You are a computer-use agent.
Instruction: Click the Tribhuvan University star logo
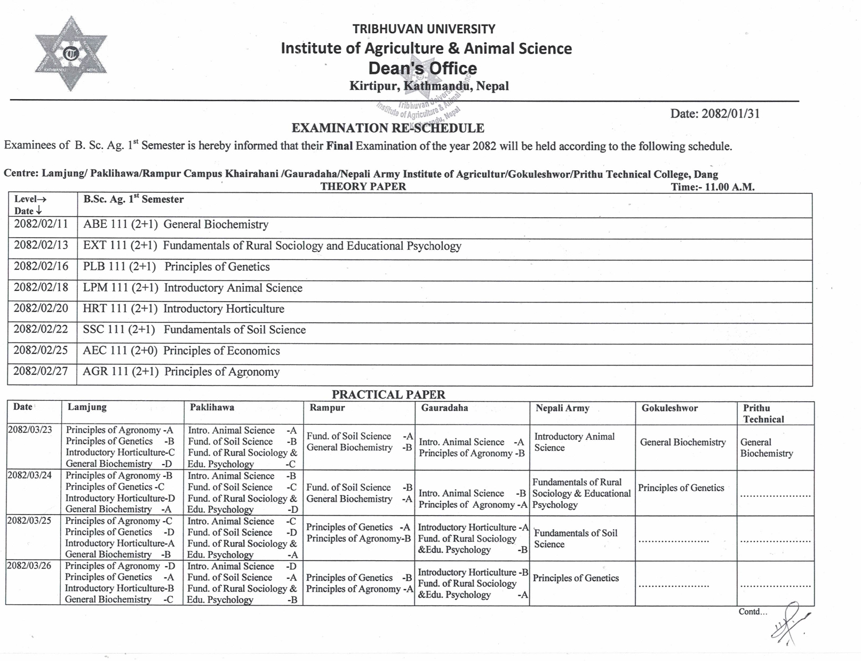(x=70, y=54)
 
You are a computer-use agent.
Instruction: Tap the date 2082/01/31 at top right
(x=715, y=114)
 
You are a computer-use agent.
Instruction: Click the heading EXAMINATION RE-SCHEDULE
(x=388, y=128)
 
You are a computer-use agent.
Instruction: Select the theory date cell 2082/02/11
(x=41, y=224)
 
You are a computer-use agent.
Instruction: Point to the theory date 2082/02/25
(x=41, y=351)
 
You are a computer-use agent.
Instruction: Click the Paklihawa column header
(x=212, y=408)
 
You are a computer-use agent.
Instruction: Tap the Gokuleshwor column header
(x=669, y=409)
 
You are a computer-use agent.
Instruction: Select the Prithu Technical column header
(x=763, y=413)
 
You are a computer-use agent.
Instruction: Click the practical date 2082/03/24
(x=30, y=475)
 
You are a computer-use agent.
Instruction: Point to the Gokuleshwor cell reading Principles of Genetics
(x=681, y=488)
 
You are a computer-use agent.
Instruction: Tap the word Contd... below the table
(x=753, y=612)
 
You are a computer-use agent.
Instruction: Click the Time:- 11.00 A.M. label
(x=713, y=187)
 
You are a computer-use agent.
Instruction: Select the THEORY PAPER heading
(x=363, y=187)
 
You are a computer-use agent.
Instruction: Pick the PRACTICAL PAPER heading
(x=388, y=395)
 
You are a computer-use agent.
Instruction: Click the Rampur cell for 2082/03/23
(x=359, y=442)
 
